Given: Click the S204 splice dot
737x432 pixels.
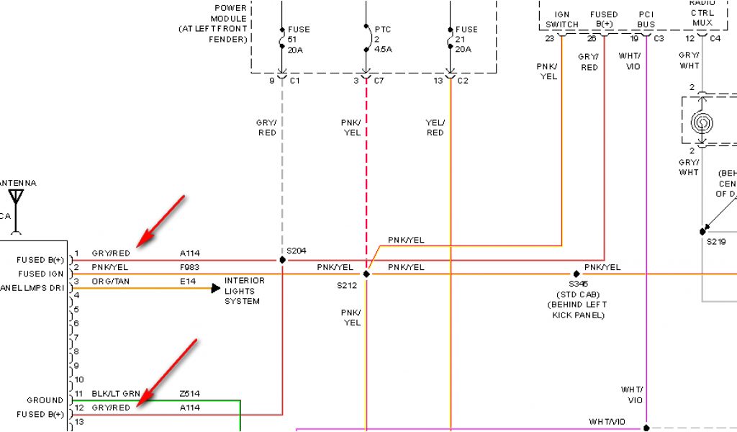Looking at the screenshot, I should click(x=282, y=260).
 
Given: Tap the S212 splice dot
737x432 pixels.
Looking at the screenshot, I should click(x=366, y=274).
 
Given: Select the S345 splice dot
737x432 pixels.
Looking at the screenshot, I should click(x=577, y=274).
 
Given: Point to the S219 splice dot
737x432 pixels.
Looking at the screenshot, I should click(x=702, y=232).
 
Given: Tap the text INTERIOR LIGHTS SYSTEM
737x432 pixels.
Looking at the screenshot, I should click(x=244, y=291).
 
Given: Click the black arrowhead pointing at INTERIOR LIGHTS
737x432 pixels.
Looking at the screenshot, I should click(x=215, y=289).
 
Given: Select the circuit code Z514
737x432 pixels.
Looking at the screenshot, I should click(x=191, y=395).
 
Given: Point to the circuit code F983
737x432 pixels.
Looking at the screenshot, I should click(x=191, y=268).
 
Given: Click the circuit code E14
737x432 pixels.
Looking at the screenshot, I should click(x=188, y=282).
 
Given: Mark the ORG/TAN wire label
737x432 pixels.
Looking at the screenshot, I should click(x=111, y=282).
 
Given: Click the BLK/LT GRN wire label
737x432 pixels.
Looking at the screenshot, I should click(x=116, y=395).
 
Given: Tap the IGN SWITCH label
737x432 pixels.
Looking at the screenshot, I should click(x=561, y=19).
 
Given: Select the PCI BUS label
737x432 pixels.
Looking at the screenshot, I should click(x=646, y=19).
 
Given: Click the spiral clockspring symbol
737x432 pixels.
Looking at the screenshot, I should click(x=702, y=123).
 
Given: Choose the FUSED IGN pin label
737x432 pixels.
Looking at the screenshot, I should click(x=42, y=274).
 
